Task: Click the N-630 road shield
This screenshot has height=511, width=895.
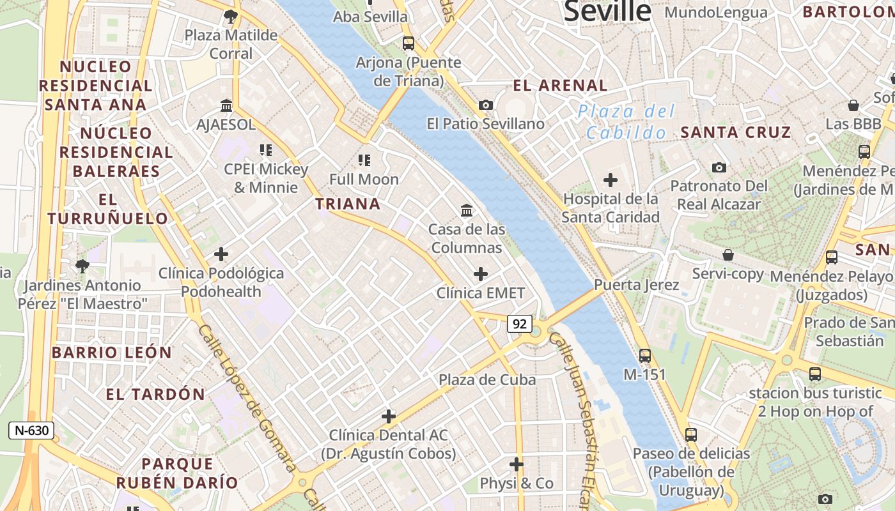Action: point(31,431)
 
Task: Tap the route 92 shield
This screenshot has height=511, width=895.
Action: point(519,324)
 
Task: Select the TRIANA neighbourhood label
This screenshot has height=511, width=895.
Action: point(348,204)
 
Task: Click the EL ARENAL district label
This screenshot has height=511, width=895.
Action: point(560,85)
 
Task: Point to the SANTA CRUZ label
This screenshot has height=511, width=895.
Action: point(736,132)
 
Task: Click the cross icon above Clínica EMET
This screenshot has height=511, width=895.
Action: point(481,275)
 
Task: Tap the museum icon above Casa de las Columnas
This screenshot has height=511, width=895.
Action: point(467,210)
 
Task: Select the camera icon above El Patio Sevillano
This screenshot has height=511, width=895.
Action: point(486,105)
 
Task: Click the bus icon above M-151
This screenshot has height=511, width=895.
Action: point(645,356)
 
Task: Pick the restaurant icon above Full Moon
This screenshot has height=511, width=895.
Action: point(364,160)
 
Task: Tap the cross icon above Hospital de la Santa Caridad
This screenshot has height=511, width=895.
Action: point(611,180)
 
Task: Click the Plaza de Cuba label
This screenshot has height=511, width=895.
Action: point(487,379)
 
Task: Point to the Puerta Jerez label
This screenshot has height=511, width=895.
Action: point(637,285)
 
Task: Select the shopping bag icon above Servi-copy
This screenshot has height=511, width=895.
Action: point(728,255)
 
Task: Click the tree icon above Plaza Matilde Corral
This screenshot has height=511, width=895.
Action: point(231,17)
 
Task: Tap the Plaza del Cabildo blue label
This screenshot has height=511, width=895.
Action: point(626,122)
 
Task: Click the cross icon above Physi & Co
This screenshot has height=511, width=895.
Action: point(517,464)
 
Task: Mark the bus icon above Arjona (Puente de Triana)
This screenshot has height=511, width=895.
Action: point(409,43)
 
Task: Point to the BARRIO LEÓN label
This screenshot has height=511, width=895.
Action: point(112,353)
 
